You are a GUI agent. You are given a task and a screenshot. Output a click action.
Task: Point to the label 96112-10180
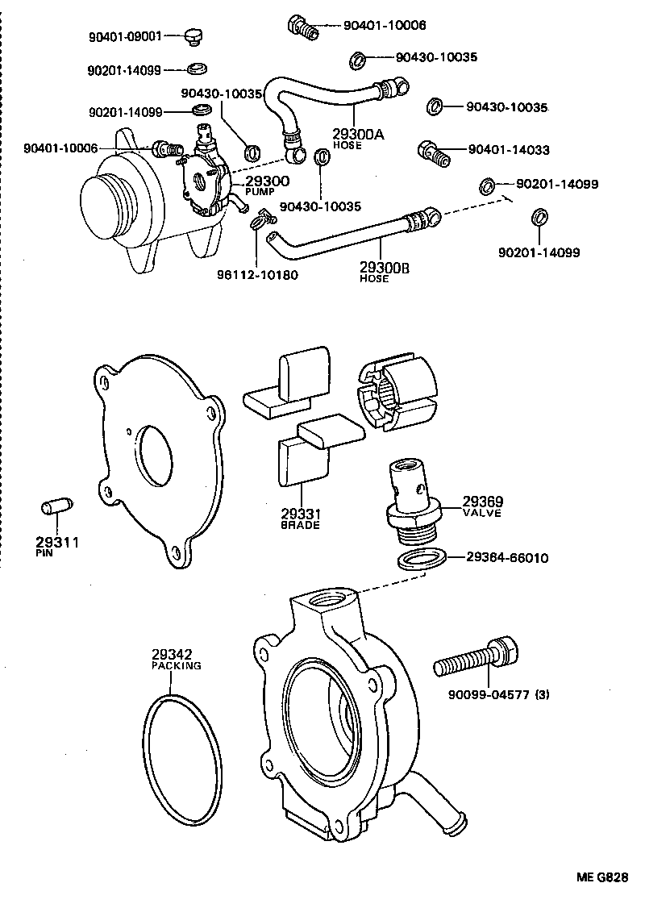pos(257,274)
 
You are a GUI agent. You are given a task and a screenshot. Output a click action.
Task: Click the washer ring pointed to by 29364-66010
pos(422,559)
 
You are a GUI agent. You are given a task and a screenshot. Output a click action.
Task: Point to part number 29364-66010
pos(508,557)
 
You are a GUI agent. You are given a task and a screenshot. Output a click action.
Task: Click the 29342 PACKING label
pos(176,659)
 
